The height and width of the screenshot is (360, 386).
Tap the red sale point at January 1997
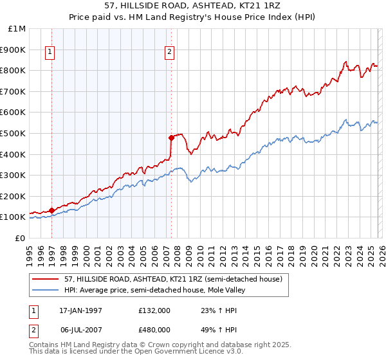tap(51, 210)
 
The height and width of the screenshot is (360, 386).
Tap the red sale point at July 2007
tap(171, 137)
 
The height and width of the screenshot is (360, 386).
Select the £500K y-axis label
tap(14, 133)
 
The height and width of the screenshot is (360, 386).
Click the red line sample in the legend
tap(45, 279)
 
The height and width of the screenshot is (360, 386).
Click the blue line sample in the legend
tap(45, 290)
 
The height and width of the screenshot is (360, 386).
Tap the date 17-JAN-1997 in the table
tap(80, 310)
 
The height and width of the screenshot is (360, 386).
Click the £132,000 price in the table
tap(154, 310)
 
